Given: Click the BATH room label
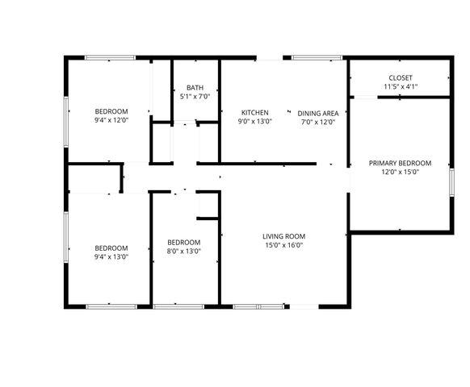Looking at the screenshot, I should point(195,88).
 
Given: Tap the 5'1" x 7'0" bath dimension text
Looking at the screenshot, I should point(195,97).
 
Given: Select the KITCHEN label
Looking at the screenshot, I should point(254,113).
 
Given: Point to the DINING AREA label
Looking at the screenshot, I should point(317,114).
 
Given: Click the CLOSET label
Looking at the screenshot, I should point(400,78).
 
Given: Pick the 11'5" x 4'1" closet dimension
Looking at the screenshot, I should point(400,87).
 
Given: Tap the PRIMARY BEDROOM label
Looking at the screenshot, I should point(400,163).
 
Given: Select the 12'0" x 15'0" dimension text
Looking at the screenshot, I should point(400,172).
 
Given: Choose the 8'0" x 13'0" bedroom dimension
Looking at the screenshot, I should point(184,251).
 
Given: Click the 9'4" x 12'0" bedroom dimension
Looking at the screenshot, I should point(111,120).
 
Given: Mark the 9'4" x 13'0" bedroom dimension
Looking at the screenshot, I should point(111,257).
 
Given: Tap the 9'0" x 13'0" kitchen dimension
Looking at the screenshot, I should point(254,122).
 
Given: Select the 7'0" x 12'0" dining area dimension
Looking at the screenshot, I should point(317,123).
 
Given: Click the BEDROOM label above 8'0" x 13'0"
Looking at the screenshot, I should point(184,242).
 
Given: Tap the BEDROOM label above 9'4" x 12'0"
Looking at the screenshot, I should point(111,111).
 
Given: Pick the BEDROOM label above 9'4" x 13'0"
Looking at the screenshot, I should point(111,248).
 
